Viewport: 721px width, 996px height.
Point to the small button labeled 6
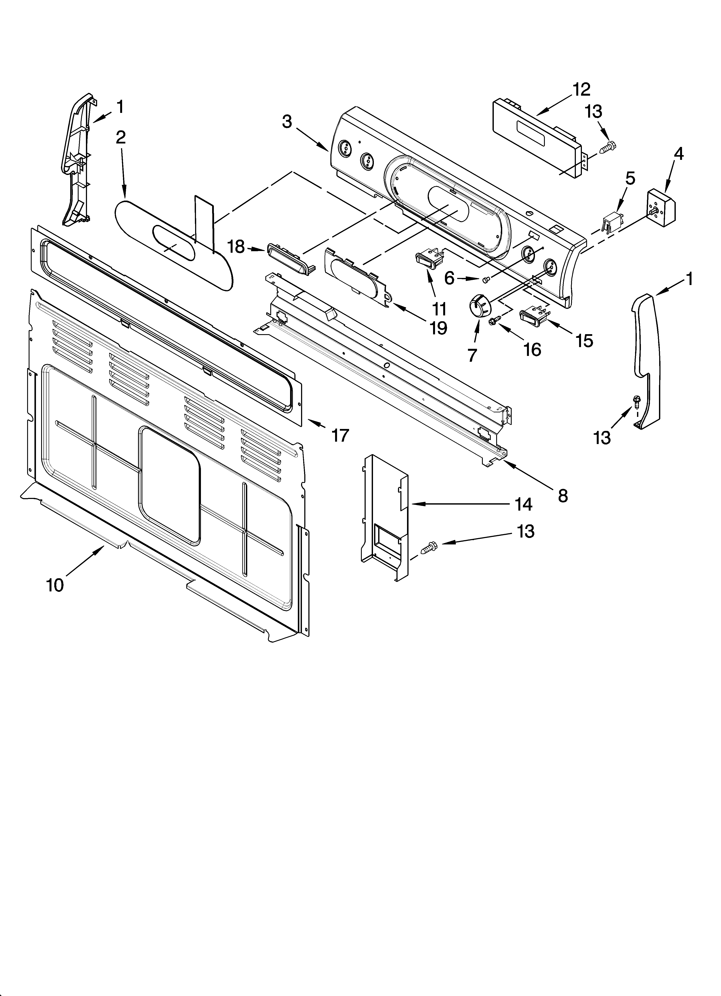[x=486, y=279]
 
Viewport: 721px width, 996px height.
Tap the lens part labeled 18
[x=288, y=257]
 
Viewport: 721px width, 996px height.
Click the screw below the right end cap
[x=636, y=401]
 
